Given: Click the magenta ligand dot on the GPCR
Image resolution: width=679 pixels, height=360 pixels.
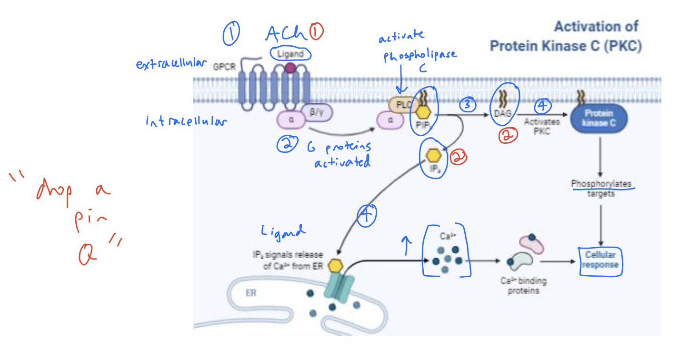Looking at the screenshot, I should [290, 69].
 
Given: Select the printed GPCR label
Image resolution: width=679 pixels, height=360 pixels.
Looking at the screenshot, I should [224, 66].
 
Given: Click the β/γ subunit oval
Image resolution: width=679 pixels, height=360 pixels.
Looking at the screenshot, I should [316, 112].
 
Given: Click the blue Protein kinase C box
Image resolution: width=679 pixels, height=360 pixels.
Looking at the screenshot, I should [598, 118].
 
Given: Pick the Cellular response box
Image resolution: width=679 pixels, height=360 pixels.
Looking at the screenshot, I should [601, 260].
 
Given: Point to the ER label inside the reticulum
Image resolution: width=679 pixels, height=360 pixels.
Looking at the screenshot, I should [251, 293].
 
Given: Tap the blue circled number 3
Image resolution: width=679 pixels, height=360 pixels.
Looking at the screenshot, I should [468, 105].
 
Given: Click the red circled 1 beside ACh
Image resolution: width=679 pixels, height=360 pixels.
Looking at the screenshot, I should [316, 32].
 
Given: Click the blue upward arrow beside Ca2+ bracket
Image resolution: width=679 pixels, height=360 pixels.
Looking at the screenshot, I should [407, 245].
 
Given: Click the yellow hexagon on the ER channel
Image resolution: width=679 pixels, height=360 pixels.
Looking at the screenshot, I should [336, 265].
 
